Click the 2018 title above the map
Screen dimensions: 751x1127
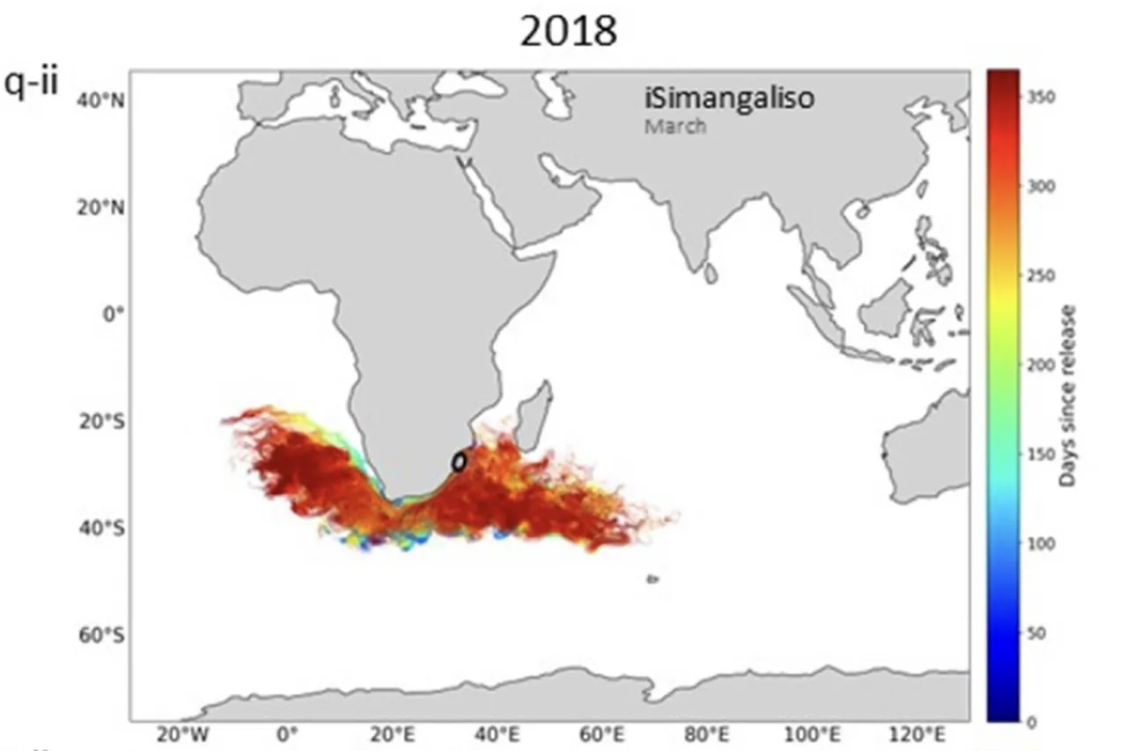tap(568, 33)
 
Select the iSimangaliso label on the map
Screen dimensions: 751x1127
tap(729, 99)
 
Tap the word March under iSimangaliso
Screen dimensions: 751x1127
tap(674, 126)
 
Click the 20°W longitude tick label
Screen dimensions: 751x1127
tap(182, 734)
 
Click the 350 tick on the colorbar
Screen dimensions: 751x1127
tap(1037, 97)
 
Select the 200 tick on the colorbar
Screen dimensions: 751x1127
tap(1037, 364)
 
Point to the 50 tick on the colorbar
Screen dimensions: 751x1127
tap(1034, 633)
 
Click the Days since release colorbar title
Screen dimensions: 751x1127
tap(1067, 395)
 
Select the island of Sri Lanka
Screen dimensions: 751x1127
tap(711, 275)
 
